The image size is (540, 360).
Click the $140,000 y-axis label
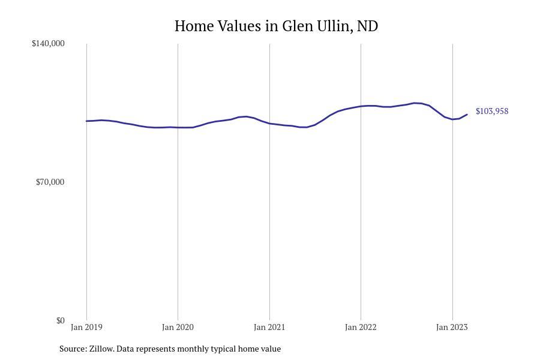tap(48, 43)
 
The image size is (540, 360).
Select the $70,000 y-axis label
tap(50, 182)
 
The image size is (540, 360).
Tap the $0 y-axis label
tap(60, 320)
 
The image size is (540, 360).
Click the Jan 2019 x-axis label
tap(86, 328)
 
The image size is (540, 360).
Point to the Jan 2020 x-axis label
tap(178, 328)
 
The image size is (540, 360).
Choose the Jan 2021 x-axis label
tap(269, 328)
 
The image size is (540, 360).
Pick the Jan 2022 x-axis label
tap(361, 328)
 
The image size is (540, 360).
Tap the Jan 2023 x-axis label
tap(452, 328)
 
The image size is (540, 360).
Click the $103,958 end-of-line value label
tap(492, 111)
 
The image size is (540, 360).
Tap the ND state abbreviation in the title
tap(367, 26)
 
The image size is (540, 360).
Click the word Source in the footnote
tap(73, 349)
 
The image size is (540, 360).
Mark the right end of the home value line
tap(467, 115)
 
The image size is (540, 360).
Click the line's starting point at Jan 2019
tap(86, 121)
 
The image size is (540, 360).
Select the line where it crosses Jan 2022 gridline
tap(361, 106)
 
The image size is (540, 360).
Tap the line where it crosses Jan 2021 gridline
tap(269, 124)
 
